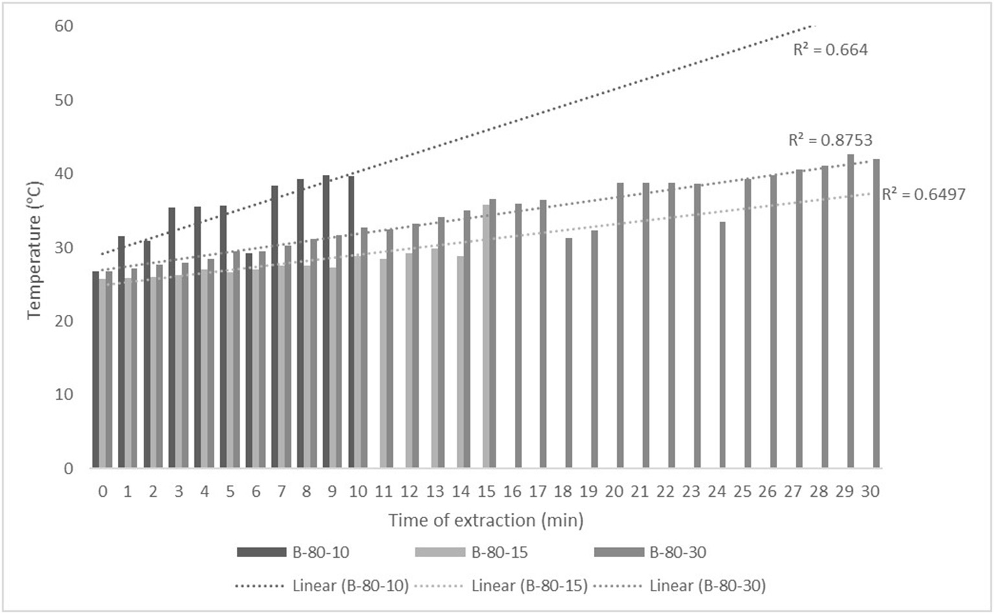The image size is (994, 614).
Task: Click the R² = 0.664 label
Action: [x=830, y=50]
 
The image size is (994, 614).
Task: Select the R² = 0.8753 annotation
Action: [x=830, y=140]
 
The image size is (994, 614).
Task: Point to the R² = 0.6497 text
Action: [x=923, y=194]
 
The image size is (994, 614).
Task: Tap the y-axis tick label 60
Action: [x=64, y=26]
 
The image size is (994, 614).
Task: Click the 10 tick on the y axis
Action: [x=64, y=394]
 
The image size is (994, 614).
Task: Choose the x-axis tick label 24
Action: [x=717, y=492]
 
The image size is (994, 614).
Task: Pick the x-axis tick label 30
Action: [x=870, y=492]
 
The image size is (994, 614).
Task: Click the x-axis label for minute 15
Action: [x=486, y=492]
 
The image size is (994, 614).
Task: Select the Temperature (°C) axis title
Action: [x=34, y=250]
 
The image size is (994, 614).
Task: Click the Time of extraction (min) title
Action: [x=486, y=520]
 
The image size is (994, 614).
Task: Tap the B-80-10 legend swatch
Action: [x=262, y=552]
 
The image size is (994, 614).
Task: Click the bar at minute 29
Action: [x=851, y=311]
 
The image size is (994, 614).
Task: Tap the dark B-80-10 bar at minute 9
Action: [x=326, y=321]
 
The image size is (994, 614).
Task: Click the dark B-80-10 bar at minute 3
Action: [x=172, y=337]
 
